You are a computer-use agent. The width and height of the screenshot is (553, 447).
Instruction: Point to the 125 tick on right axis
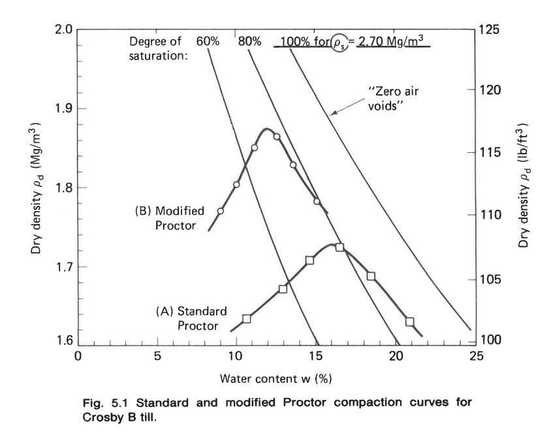click(490, 30)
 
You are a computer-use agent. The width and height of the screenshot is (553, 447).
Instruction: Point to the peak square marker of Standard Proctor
click(340, 247)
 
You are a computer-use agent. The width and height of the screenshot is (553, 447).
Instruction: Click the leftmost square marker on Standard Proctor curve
click(247, 319)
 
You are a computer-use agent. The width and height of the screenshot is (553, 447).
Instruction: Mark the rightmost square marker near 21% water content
click(409, 322)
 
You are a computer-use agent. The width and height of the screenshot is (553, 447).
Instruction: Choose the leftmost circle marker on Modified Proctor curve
click(220, 211)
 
